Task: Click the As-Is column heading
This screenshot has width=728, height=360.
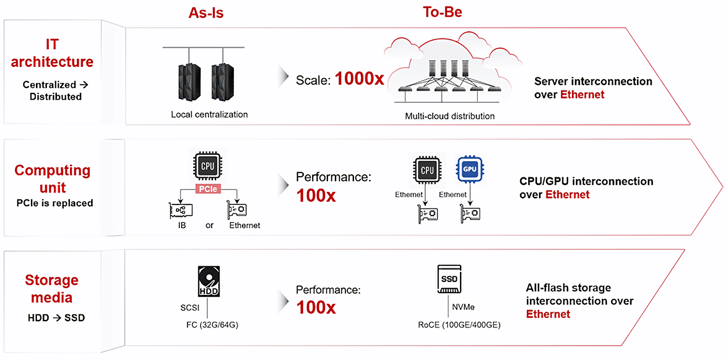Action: pyautogui.click(x=206, y=13)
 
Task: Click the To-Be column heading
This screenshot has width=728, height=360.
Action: pyautogui.click(x=442, y=12)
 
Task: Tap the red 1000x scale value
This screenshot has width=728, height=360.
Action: pyautogui.click(x=359, y=79)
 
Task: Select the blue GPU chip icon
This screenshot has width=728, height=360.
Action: pyautogui.click(x=470, y=169)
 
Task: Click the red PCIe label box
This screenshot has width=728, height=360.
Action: pyautogui.click(x=208, y=189)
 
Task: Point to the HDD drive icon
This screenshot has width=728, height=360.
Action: pyautogui.click(x=209, y=281)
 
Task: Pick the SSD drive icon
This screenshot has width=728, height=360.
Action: pyautogui.click(x=449, y=279)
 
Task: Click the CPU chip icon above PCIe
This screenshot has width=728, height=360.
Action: pyautogui.click(x=207, y=166)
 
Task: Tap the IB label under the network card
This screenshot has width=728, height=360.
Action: pyautogui.click(x=182, y=225)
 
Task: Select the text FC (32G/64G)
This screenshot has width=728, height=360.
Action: pyautogui.click(x=212, y=325)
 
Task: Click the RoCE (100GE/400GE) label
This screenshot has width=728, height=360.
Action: pyautogui.click(x=459, y=325)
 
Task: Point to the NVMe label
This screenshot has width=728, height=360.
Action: pyautogui.click(x=463, y=307)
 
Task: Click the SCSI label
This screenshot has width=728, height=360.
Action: pyautogui.click(x=190, y=308)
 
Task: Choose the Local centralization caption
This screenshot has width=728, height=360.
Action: pyautogui.click(x=209, y=115)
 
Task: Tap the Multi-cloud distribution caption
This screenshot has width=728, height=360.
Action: pyautogui.click(x=450, y=116)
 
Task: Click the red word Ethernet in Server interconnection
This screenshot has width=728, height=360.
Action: pyautogui.click(x=582, y=95)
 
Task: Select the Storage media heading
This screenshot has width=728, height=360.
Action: pyautogui.click(x=51, y=289)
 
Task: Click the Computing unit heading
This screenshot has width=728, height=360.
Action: pyautogui.click(x=52, y=178)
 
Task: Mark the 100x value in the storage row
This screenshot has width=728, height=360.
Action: pyautogui.click(x=316, y=308)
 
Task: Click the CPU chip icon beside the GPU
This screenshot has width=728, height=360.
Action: pyautogui.click(x=427, y=170)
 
